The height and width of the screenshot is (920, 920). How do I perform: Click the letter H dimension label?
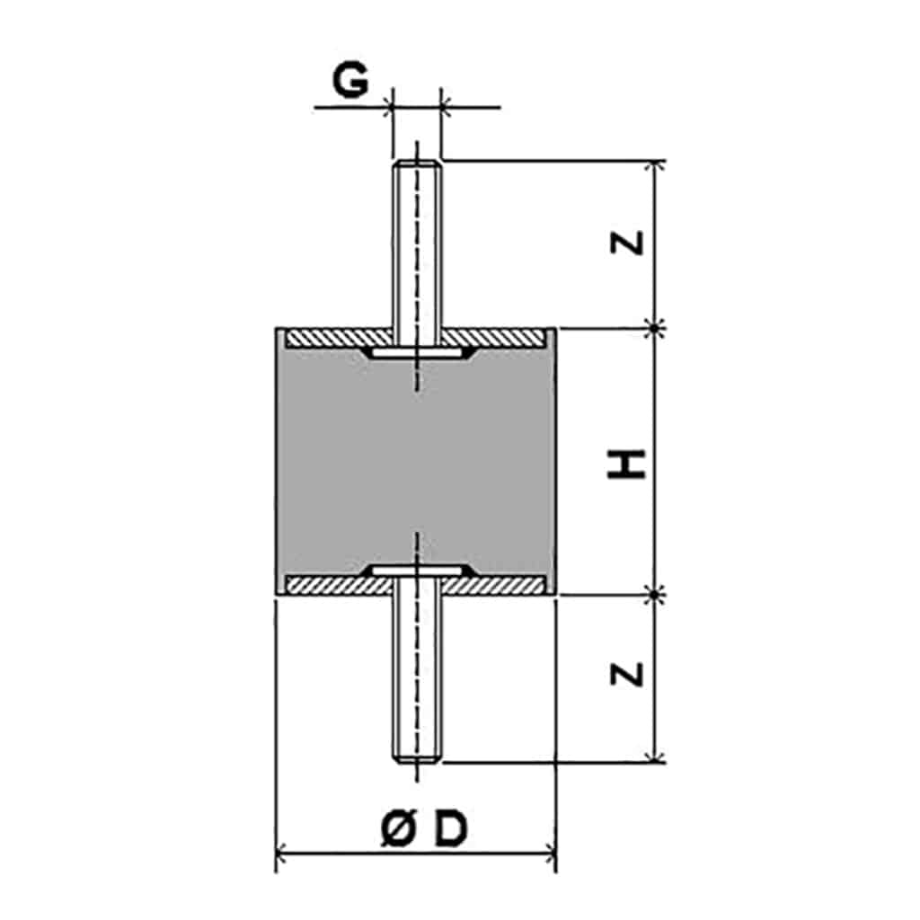click(x=626, y=464)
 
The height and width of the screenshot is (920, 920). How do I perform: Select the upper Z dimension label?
click(x=626, y=243)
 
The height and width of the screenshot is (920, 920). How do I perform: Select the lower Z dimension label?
click(x=626, y=674)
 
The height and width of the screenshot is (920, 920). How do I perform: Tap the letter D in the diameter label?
click(x=451, y=828)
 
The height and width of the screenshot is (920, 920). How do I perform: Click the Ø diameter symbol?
click(x=398, y=828)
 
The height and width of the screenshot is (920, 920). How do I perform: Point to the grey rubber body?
click(x=415, y=464)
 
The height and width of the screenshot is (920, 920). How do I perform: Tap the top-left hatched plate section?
click(x=339, y=338)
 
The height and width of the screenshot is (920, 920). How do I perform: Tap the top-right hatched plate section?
click(x=492, y=338)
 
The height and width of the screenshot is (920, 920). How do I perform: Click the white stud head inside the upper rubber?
click(x=416, y=352)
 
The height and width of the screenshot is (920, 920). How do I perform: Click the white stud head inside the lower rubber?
click(x=416, y=571)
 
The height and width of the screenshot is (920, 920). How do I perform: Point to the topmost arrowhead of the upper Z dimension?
click(x=654, y=165)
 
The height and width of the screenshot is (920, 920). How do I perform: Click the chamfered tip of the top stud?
click(x=416, y=164)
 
